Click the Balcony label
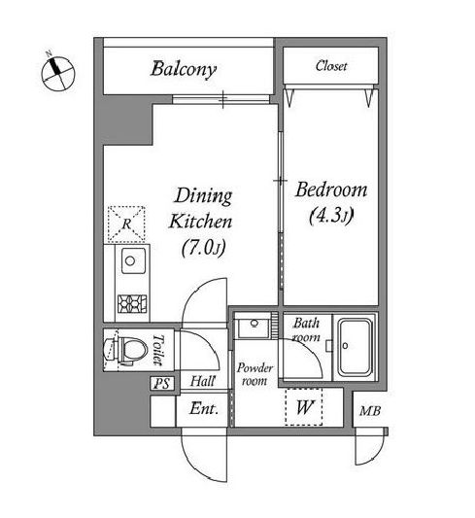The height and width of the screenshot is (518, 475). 184,70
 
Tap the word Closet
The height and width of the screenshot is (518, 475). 331,66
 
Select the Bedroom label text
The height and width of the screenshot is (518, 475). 331,190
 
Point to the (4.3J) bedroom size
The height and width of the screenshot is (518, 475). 331,216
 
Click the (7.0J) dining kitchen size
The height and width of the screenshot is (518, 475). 204,248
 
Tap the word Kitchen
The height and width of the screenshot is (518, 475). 201,222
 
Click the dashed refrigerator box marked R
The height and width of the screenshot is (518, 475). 126,224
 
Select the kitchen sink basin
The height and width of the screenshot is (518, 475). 133,261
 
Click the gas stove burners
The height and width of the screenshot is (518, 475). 132,303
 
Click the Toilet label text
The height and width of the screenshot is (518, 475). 158,350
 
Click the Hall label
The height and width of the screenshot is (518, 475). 203,382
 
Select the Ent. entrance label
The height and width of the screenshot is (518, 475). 204,409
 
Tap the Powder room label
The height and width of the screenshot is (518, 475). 254,374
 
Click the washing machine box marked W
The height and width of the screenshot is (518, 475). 304,407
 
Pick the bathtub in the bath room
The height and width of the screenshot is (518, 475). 355,347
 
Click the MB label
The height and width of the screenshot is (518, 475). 370,411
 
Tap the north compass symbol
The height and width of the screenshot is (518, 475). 57,72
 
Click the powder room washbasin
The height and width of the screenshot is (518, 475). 253,326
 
